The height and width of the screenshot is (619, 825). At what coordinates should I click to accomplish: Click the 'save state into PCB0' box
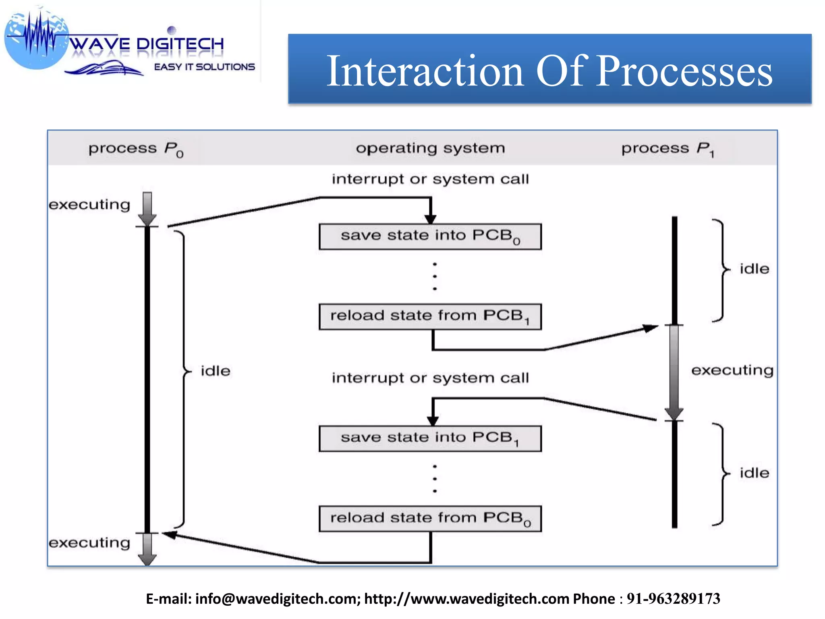pos(430,237)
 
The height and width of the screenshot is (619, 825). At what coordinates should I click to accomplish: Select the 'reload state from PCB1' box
pos(430,317)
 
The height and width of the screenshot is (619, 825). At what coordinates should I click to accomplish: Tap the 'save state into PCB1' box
pos(430,438)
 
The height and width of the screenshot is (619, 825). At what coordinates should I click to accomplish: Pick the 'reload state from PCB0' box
pos(430,519)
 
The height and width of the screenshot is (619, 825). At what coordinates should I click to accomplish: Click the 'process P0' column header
pos(136,149)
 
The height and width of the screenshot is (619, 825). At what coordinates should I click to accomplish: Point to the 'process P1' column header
pos(667,149)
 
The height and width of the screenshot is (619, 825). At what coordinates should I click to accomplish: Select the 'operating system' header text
pos(430,148)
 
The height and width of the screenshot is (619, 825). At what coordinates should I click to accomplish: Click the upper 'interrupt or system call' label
pos(430,179)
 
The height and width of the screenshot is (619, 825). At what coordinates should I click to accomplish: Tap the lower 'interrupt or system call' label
pos(430,378)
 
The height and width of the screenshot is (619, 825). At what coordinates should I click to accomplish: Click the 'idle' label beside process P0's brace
pos(216,371)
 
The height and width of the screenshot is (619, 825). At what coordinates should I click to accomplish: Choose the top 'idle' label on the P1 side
pos(754,269)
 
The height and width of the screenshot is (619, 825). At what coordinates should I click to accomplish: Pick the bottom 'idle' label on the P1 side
pos(754,473)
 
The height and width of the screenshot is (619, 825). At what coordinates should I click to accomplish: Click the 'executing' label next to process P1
pos(732,370)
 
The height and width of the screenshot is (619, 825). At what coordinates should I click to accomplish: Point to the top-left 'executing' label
pos(89,205)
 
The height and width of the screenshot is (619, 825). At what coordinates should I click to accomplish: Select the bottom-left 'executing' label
pos(89,543)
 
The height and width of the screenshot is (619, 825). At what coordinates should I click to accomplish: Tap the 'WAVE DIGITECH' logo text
pos(147,44)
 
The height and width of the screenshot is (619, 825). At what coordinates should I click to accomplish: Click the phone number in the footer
pos(673,599)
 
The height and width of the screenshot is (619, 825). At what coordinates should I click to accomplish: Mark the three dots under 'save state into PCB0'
pos(435,276)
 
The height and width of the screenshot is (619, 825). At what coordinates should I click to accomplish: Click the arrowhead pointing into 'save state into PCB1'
pos(433,421)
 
